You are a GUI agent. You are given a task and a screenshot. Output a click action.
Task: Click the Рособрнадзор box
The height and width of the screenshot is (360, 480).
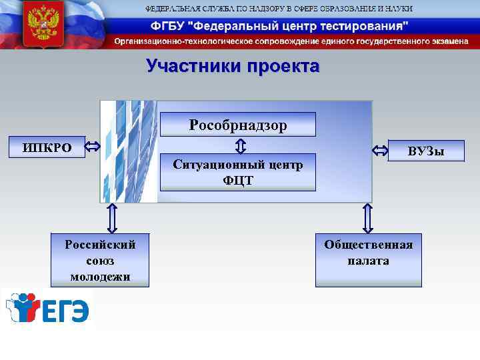(238, 125)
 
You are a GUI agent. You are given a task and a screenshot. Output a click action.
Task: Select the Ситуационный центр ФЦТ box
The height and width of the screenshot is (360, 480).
(238, 173)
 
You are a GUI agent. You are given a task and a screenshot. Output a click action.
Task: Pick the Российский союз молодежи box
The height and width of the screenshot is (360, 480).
(100, 260)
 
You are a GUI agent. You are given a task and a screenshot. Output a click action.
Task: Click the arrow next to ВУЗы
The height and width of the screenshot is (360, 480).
(380, 151)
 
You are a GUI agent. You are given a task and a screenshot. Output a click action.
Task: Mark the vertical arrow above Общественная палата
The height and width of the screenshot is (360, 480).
(367, 217)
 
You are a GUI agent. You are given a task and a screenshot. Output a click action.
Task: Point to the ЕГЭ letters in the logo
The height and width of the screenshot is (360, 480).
(66, 311)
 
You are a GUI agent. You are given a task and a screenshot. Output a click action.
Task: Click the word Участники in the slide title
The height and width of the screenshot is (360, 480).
(193, 67)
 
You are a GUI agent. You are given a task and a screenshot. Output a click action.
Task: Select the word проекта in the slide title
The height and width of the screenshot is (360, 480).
(283, 67)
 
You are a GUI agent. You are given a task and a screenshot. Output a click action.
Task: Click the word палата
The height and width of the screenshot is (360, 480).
(368, 261)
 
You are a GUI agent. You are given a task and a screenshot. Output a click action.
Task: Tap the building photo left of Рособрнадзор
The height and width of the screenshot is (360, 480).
(129, 152)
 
